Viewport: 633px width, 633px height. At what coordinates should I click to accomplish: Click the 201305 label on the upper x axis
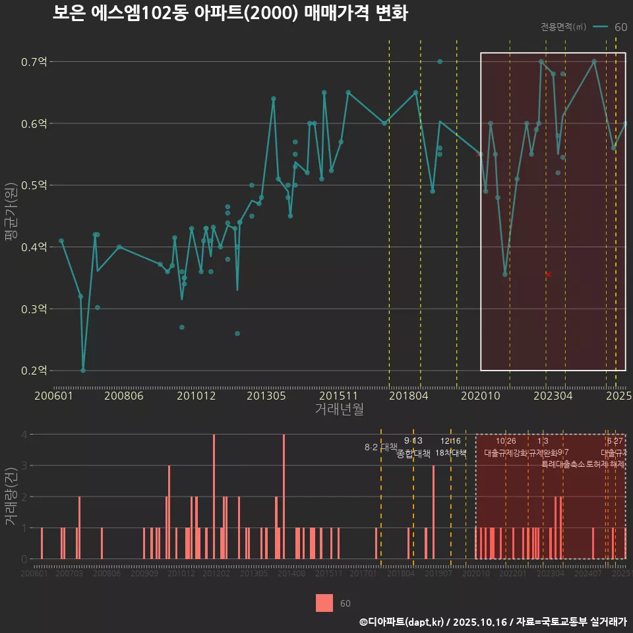tap(267, 396)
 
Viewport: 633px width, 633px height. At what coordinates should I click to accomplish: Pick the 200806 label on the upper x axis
tap(124, 396)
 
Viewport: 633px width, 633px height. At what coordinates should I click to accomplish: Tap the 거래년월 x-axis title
tap(339, 409)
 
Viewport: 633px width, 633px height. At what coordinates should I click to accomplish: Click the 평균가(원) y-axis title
tap(11, 218)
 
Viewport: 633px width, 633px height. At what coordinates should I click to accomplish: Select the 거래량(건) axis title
tap(11, 497)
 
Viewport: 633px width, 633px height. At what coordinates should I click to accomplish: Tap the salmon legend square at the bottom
tap(324, 603)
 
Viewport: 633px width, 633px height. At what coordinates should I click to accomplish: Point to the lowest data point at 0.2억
tap(83, 371)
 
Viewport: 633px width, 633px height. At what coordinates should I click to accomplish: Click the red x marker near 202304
tap(548, 274)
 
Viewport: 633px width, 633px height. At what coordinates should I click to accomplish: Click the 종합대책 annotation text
tap(413, 454)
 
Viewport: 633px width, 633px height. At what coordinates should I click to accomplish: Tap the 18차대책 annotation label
tap(451, 453)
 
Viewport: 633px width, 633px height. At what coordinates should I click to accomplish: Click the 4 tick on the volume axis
tap(24, 435)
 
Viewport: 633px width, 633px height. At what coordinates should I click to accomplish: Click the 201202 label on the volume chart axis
tap(216, 574)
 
